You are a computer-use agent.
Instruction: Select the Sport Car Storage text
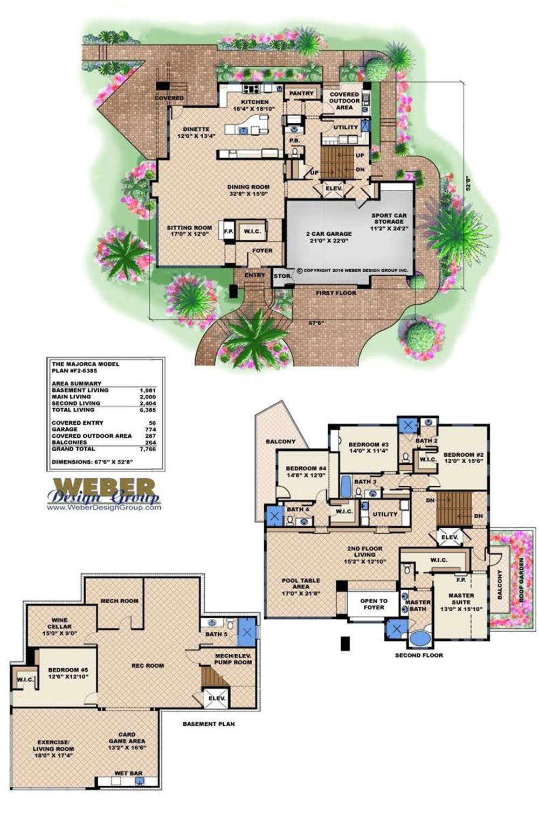point(389,221)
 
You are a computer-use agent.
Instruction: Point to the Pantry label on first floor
point(301,93)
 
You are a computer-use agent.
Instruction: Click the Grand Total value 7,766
point(147,449)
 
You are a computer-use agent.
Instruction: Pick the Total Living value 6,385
point(147,410)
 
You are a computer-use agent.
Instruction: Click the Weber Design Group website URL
point(103,507)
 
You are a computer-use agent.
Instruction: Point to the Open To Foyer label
point(374,604)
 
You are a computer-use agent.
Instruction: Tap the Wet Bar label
point(128,773)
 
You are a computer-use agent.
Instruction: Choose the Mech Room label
point(120,600)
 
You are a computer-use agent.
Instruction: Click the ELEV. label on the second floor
point(449,537)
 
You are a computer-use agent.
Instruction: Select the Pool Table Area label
point(301,584)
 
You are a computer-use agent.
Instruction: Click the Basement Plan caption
point(209,724)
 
